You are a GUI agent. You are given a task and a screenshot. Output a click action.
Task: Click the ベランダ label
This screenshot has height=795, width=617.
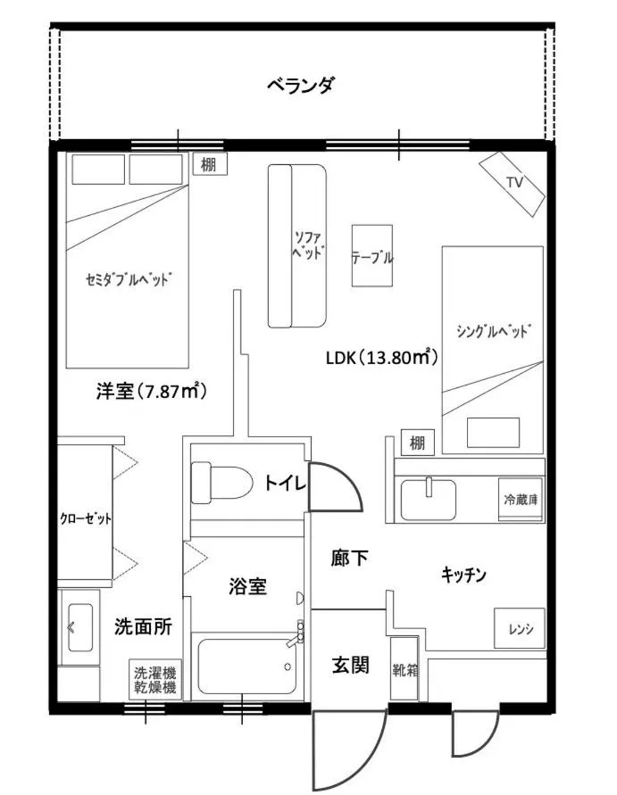point(301,86)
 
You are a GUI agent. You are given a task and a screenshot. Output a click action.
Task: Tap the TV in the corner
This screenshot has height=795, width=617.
point(513,183)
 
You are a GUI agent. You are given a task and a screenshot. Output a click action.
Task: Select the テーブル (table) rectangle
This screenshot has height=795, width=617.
point(372,254)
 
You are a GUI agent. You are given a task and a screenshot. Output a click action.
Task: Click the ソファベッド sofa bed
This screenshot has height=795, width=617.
point(298,245)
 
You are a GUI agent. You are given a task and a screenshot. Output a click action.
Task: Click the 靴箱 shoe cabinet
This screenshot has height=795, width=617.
point(404,668)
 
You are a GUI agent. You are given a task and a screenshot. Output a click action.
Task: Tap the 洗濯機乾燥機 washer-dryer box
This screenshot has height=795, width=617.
point(154,681)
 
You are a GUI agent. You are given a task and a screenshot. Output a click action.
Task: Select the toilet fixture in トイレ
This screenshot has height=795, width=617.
point(220,483)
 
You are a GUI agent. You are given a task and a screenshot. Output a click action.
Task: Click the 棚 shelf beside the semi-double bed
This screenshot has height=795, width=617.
point(208,163)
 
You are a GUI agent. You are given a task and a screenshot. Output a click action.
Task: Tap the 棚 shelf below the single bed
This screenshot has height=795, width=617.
point(417,442)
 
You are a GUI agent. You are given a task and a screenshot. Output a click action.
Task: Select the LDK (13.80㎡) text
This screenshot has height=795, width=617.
point(380,358)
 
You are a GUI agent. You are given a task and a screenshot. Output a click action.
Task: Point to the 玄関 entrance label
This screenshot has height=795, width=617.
point(351,665)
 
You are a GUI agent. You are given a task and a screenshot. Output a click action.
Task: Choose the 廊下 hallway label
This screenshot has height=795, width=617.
point(350,559)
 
